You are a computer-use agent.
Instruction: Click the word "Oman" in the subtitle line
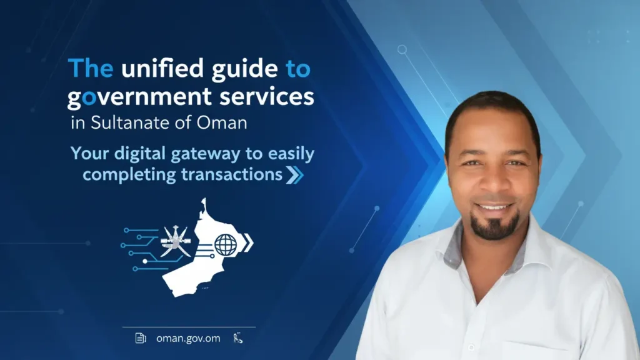coord(224,122)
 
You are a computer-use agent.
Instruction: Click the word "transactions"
coord(232,174)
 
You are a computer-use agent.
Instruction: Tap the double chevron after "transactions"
coord(294,175)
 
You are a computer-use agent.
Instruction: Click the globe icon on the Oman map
coord(226,244)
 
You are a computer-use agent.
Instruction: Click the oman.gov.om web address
coord(188,338)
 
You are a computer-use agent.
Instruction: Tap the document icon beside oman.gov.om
coord(141,338)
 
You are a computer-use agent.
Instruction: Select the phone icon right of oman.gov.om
coord(237,338)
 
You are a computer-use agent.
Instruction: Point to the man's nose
coord(491,181)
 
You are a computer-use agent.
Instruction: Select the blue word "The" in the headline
coord(90,68)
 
